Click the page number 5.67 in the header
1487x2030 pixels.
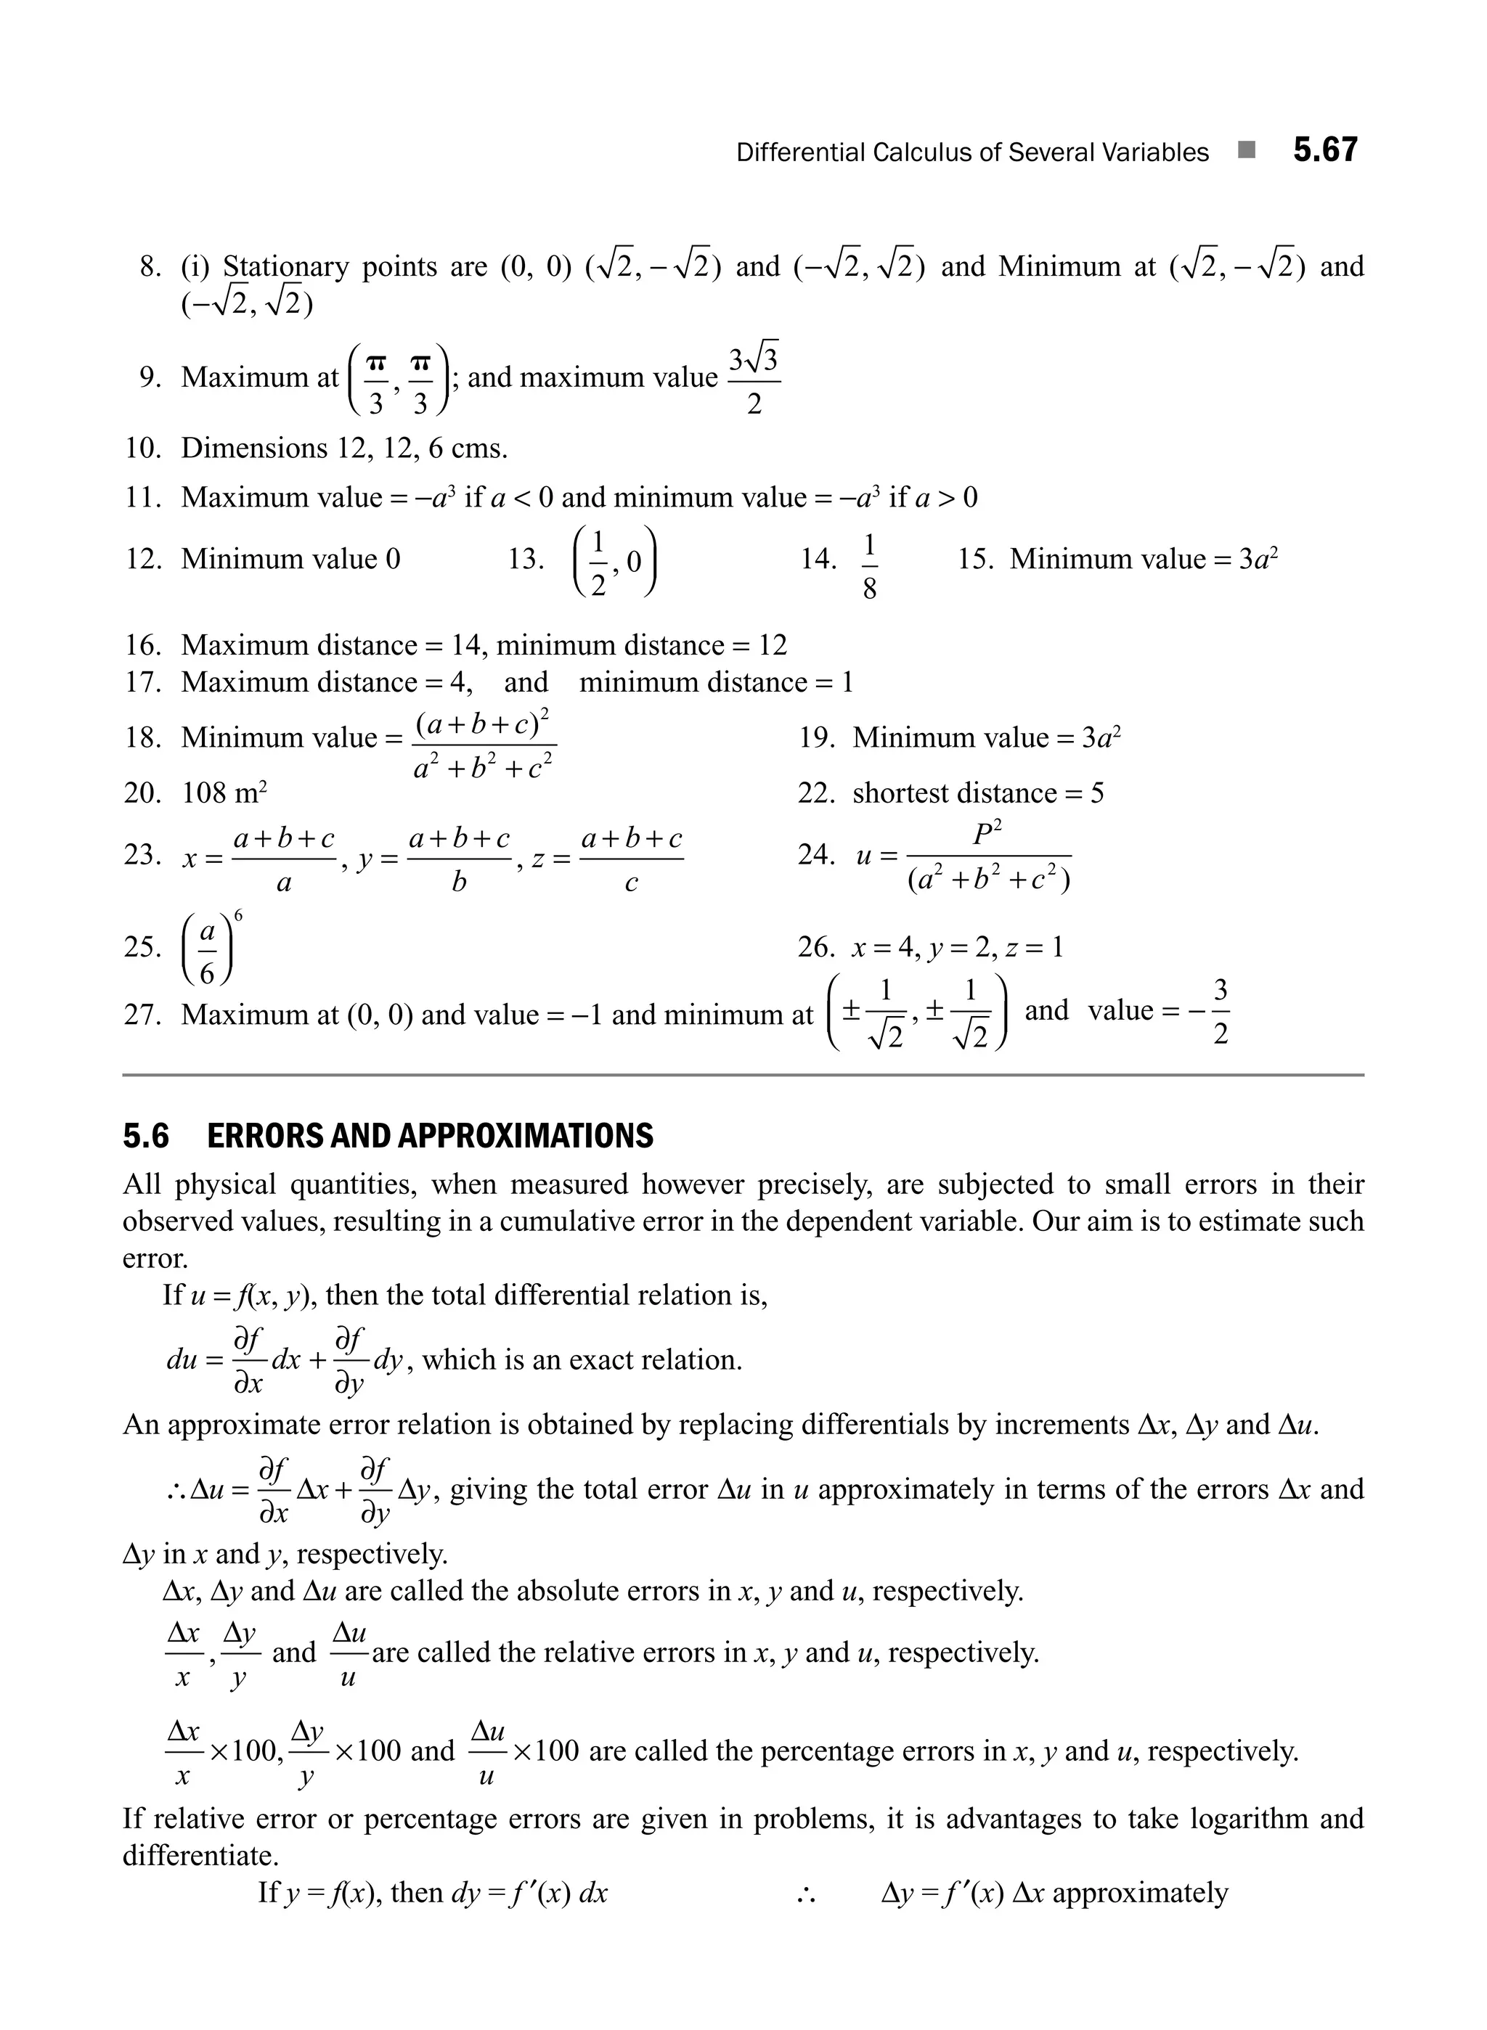pos(1325,150)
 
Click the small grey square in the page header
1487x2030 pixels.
pos(1247,150)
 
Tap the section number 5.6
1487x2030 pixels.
pos(146,1137)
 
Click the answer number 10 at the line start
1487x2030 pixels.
pos(142,448)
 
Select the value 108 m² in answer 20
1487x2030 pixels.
pos(225,793)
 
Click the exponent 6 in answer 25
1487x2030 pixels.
pos(237,916)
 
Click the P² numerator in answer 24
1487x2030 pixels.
pos(987,833)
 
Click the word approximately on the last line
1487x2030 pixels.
pos(1139,1892)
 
